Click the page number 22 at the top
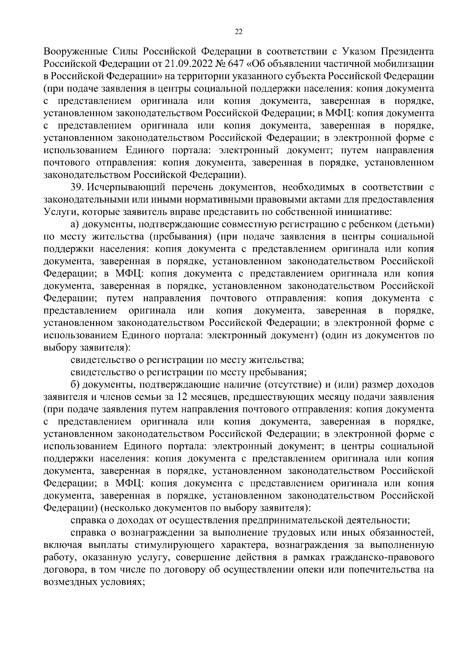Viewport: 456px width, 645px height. pos(239,32)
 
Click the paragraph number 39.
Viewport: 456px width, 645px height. pos(77,187)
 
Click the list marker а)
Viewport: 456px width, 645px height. pos(76,225)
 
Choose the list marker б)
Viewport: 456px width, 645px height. pos(76,384)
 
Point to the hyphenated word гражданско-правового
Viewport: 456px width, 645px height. pos(385,558)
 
